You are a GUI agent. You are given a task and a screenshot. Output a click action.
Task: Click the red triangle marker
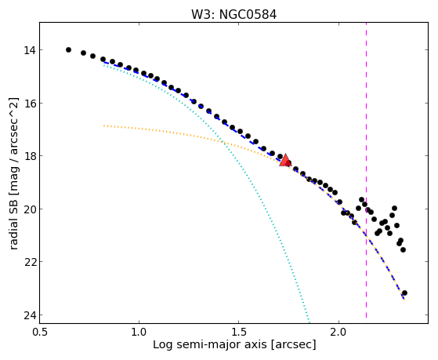285,160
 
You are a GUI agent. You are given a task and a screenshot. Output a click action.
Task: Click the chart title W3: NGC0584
233,15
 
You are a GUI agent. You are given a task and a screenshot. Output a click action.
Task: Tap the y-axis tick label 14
30,50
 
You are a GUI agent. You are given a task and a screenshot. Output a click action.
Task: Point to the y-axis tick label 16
30,104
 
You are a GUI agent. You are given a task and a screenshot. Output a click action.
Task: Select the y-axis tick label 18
30,156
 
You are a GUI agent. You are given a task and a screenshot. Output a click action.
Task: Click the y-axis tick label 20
30,209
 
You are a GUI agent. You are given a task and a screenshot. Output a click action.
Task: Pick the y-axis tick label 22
30,262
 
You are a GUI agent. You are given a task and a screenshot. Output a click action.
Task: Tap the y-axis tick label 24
30,315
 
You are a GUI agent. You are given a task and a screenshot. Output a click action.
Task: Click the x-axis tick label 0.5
40,333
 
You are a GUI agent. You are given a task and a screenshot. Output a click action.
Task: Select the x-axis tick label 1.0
139,333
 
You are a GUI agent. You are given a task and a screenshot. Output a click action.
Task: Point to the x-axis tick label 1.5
239,333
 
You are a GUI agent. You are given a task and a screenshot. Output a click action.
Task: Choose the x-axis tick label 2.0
338,333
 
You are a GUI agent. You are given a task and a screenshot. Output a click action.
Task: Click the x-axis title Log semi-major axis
210,345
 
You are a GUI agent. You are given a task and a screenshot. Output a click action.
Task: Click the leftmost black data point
68,49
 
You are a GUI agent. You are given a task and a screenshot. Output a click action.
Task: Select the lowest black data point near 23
404,293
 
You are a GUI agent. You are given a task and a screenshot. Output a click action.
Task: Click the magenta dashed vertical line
366,170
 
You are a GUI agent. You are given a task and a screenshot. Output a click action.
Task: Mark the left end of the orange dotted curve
104,125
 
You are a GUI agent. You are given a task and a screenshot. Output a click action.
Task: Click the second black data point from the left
83,53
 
